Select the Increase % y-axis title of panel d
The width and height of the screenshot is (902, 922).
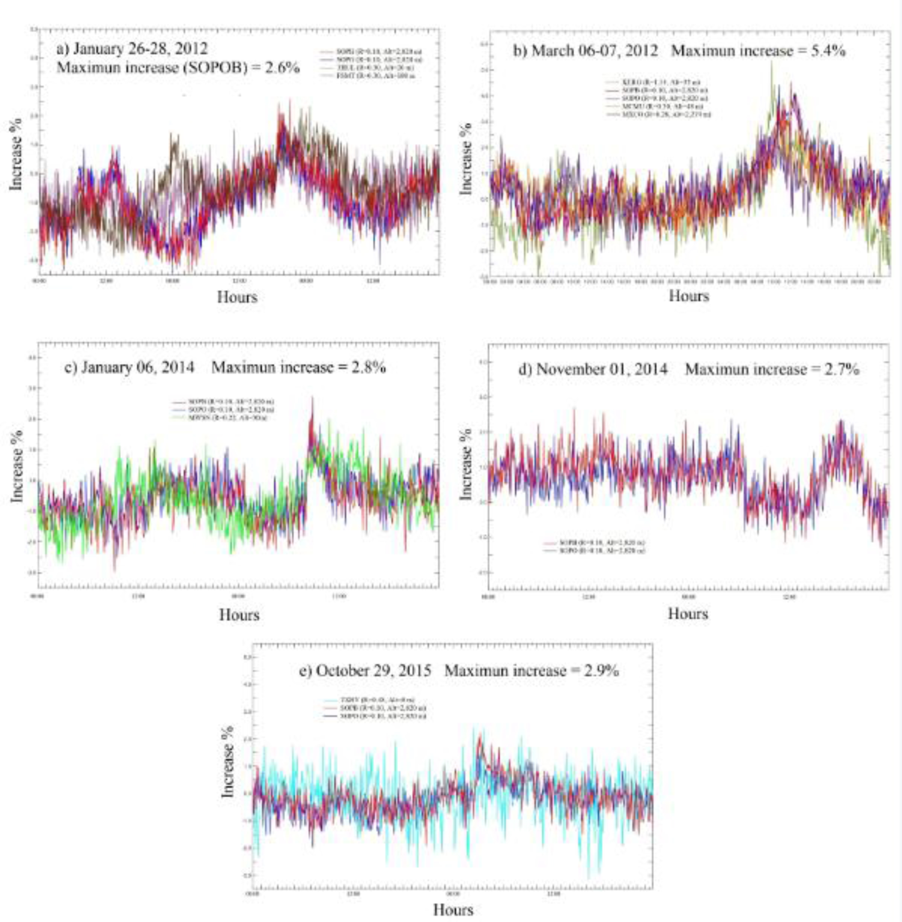[x=467, y=465]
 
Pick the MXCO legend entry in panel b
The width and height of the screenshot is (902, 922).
[x=659, y=114]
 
